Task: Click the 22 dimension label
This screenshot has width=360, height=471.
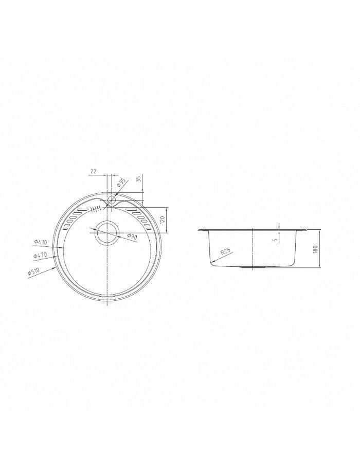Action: pyautogui.click(x=93, y=171)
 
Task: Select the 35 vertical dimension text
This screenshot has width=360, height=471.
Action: pyautogui.click(x=138, y=179)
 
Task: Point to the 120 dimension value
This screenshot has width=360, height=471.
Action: pyautogui.click(x=163, y=220)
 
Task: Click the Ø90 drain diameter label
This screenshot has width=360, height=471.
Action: pyautogui.click(x=132, y=237)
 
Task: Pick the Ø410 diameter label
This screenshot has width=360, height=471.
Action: pyautogui.click(x=40, y=242)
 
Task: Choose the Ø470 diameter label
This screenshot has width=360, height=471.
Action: pyautogui.click(x=40, y=256)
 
